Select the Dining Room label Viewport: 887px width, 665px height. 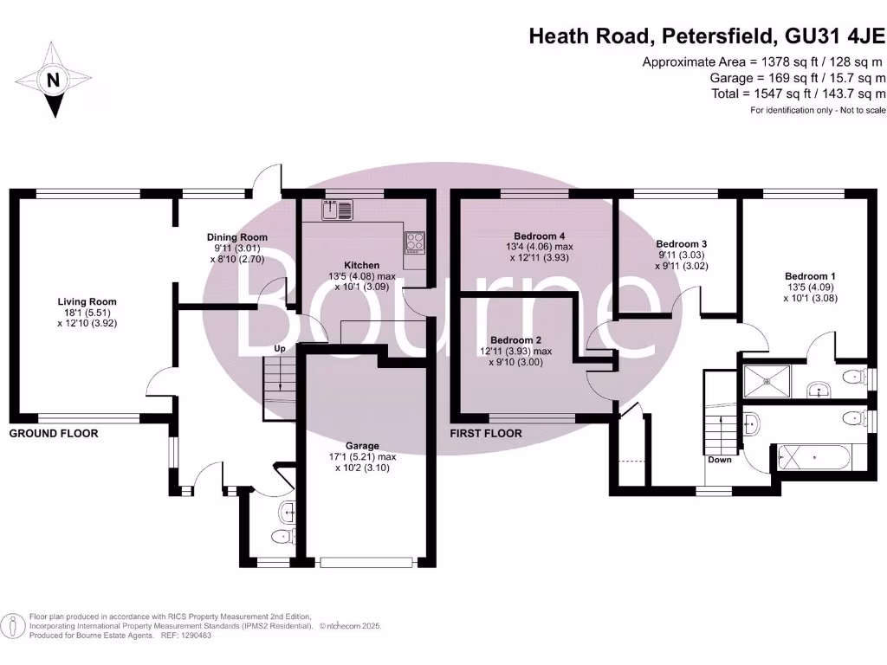[x=236, y=237]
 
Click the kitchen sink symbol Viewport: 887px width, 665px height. [x=337, y=209]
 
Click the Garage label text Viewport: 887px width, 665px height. [x=362, y=447]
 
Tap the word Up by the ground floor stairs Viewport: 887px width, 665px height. [x=280, y=349]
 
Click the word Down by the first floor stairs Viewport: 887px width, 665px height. [x=720, y=460]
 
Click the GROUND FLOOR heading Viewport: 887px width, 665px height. [x=54, y=433]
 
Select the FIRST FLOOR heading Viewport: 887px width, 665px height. [x=486, y=433]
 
